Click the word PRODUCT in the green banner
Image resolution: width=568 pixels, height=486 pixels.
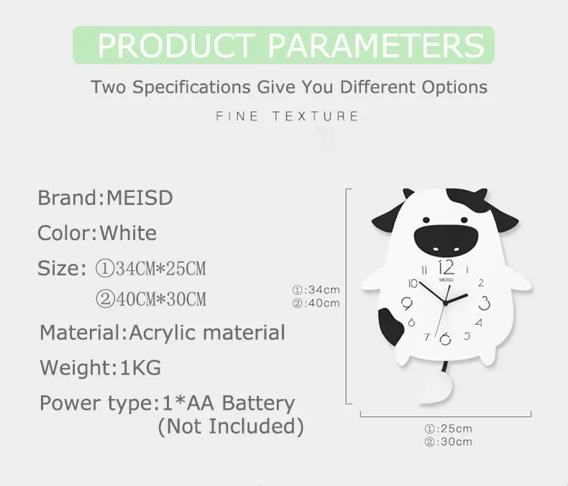176,45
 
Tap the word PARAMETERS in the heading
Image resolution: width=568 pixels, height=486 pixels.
376,45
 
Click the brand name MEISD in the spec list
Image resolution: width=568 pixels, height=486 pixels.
139,198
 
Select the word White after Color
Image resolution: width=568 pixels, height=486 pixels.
128,233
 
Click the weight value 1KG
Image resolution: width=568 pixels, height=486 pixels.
140,367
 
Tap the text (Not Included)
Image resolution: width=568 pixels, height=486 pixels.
231,426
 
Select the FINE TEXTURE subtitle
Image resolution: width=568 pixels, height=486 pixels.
287,116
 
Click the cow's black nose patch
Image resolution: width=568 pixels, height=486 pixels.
446,240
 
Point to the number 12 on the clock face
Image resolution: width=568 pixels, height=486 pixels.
446,268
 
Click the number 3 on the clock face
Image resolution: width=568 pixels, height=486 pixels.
485,303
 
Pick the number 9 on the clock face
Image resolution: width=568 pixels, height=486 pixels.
407,303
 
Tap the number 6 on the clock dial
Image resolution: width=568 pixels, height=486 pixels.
445,339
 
